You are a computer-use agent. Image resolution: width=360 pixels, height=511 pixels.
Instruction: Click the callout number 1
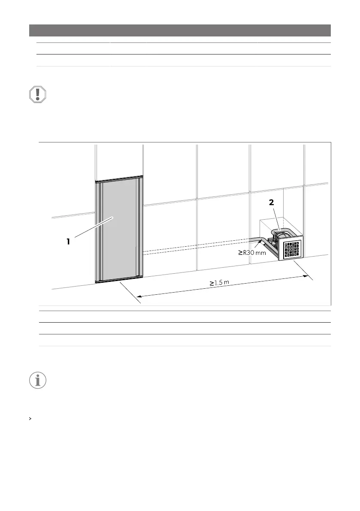coord(68,242)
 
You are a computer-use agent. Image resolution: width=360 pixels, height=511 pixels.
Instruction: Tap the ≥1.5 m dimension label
coord(219,283)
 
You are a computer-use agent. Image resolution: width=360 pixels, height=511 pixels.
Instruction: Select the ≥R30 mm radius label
coord(255,253)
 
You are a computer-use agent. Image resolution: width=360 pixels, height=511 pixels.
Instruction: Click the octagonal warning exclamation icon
coord(37,94)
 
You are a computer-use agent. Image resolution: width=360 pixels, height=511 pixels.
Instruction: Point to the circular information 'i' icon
coord(37,380)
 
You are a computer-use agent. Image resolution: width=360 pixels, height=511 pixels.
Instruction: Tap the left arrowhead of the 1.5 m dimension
coord(139,296)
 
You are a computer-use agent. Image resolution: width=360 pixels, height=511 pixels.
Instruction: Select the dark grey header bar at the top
coord(180,30)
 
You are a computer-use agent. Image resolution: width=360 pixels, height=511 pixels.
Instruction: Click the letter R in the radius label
coord(245,253)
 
